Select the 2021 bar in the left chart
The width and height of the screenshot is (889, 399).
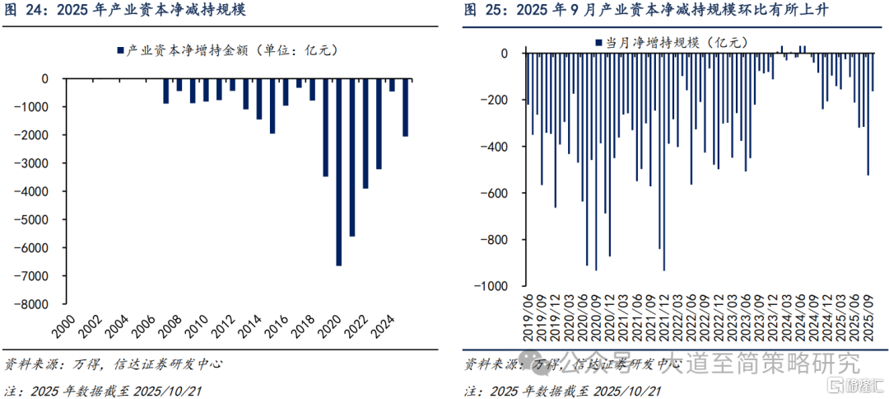[x=352, y=157]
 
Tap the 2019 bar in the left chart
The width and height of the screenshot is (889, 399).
[x=325, y=128]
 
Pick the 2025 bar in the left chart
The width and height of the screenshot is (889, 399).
[x=405, y=107]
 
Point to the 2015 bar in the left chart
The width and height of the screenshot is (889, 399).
[x=272, y=106]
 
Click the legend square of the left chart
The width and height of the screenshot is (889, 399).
[x=121, y=49]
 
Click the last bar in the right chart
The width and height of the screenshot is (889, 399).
[x=873, y=72]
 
